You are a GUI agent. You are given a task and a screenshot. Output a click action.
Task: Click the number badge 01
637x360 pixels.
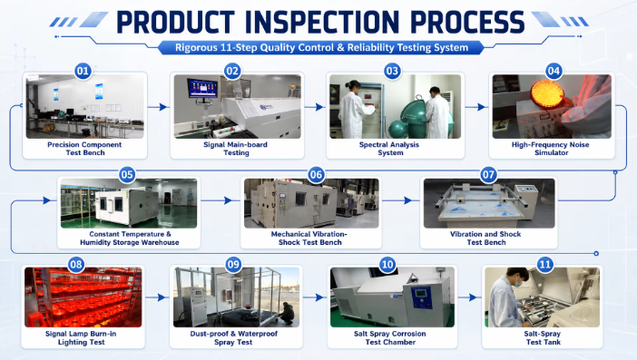pos(83,71)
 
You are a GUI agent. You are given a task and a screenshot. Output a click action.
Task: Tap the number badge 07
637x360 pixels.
pos(488,174)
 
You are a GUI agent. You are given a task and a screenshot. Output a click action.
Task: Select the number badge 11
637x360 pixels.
pos(544,265)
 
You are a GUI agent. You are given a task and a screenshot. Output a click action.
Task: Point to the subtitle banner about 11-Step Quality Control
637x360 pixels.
pos(321,47)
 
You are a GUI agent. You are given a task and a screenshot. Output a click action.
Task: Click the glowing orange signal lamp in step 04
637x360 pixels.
pos(547,93)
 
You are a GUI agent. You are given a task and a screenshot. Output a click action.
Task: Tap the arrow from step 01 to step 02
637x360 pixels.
pos(159,107)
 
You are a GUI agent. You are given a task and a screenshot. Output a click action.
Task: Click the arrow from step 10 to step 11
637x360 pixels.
pos(467,297)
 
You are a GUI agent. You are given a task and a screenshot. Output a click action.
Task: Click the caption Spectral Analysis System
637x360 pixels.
pos(389,149)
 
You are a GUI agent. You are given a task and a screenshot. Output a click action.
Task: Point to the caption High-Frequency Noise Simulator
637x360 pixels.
pos(551,149)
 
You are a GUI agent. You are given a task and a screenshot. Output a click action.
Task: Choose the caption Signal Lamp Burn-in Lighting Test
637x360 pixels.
pos(81,337)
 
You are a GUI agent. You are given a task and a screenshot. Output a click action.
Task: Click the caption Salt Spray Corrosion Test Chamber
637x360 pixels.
pos(390,337)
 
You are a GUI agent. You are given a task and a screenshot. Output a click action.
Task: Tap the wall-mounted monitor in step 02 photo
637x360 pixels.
pos(202,88)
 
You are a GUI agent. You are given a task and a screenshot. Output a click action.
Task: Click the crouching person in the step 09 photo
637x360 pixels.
pos(288,313)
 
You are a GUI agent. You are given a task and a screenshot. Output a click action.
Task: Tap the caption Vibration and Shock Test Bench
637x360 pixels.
pos(485,238)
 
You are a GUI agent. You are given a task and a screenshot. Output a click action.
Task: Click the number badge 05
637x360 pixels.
pos(127,174)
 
